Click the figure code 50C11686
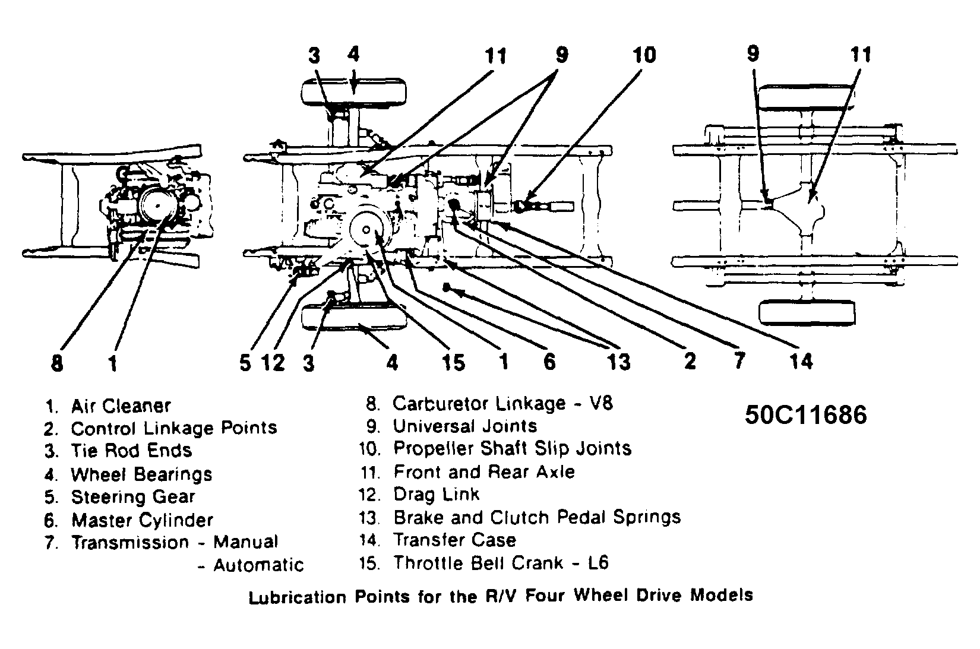click(x=805, y=415)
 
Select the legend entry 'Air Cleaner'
click(x=121, y=406)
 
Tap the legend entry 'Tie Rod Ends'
click(x=131, y=451)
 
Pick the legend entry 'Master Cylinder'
click(x=142, y=521)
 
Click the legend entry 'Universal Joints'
click(x=464, y=426)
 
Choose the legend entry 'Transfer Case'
click(x=454, y=540)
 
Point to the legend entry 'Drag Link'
click(x=436, y=495)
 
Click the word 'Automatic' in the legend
click(x=258, y=565)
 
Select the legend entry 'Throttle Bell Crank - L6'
click(x=501, y=563)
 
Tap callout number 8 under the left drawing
click(x=57, y=363)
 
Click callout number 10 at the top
click(x=644, y=55)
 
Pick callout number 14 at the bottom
click(x=801, y=360)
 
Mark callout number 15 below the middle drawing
click(x=453, y=362)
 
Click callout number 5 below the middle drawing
click(x=245, y=363)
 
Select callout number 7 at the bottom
click(x=739, y=360)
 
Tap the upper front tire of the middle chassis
click(x=354, y=93)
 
